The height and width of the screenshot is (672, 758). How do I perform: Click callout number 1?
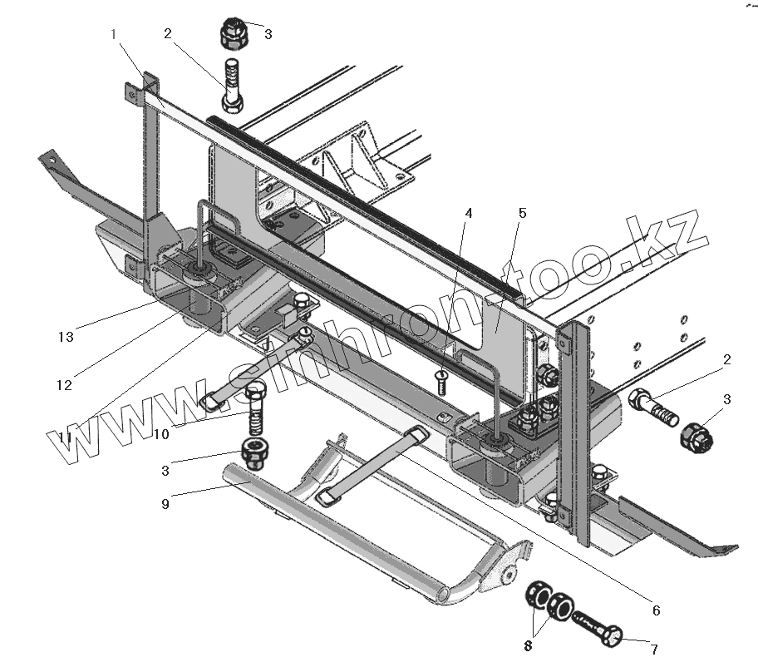click(x=115, y=34)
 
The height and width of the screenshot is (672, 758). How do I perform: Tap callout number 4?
click(x=469, y=213)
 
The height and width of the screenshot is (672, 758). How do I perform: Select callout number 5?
click(x=522, y=213)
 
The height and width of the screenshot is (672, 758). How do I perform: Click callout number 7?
click(x=655, y=650)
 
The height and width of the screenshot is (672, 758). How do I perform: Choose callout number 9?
click(x=165, y=503)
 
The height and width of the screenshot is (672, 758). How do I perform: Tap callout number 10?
click(x=160, y=433)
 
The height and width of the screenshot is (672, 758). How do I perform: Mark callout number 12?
click(x=64, y=385)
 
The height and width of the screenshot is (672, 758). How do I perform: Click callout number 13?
click(x=66, y=337)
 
